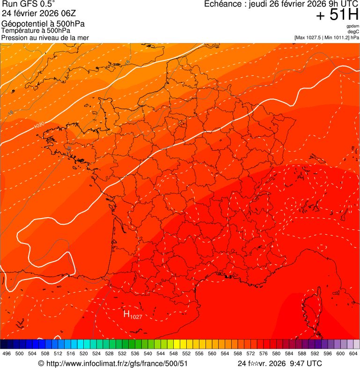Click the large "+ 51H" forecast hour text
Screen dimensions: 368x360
pyautogui.click(x=337, y=15)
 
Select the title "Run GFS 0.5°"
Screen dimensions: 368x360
pyautogui.click(x=28, y=4)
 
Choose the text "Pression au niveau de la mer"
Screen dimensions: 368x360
pyautogui.click(x=45, y=37)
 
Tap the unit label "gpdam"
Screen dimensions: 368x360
pyautogui.click(x=353, y=26)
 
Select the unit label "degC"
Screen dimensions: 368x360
pyautogui.click(x=353, y=31)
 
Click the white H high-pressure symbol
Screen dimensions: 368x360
pyautogui.click(x=126, y=314)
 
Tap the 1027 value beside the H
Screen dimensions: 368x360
pyautogui.click(x=136, y=317)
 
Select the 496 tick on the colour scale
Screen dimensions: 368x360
pyautogui.click(x=7, y=353)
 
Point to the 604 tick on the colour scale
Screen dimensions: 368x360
pyautogui.click(x=353, y=353)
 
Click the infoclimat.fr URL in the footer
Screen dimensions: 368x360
pyautogui.click(x=117, y=363)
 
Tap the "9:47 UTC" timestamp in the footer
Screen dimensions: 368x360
pyautogui.click(x=306, y=363)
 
